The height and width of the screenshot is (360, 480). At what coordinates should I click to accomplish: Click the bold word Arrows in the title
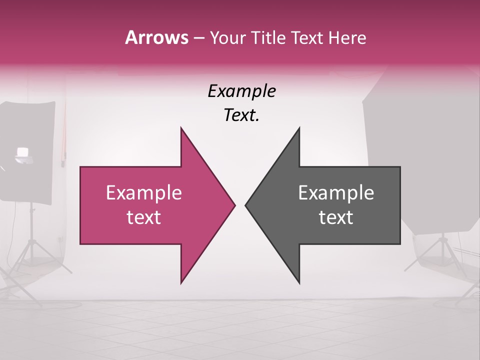[x=156, y=37]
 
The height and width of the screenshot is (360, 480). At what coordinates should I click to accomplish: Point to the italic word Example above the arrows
[x=241, y=91]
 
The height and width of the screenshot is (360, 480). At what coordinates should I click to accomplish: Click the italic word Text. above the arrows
[x=241, y=115]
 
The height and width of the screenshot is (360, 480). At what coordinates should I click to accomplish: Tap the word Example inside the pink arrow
[x=143, y=193]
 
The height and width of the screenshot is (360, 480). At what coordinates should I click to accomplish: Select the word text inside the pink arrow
[x=143, y=217]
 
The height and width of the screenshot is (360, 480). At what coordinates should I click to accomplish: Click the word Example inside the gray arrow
[x=336, y=193]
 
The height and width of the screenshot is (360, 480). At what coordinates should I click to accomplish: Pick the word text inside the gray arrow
[x=336, y=217]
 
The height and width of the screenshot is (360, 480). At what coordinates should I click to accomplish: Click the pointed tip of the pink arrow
[x=234, y=205]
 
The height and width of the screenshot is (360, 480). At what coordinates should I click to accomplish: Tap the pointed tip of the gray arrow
[x=246, y=205]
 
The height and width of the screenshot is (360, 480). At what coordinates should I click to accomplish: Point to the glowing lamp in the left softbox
[x=22, y=152]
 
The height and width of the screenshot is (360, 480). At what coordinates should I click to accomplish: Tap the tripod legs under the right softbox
[x=442, y=260]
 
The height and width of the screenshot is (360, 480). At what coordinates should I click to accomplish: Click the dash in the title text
[x=198, y=38]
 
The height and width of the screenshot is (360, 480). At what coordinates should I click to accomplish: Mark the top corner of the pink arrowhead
[x=181, y=128]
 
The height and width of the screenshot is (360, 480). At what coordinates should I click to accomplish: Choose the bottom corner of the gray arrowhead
[x=299, y=283]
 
